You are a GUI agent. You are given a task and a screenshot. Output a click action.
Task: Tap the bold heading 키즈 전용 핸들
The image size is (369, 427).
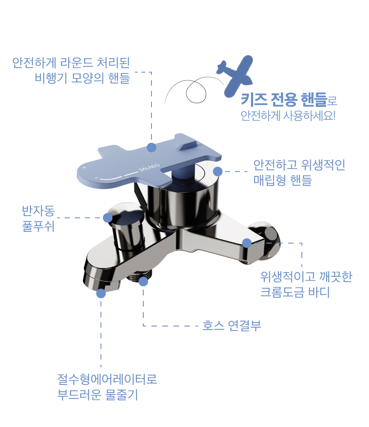pos(284,100)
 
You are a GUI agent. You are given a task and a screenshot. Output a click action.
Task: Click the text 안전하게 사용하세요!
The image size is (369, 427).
pos(288,116)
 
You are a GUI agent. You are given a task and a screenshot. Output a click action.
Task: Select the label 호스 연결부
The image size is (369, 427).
pos(232,325)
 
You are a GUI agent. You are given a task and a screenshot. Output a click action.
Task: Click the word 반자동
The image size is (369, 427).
pos(38,211)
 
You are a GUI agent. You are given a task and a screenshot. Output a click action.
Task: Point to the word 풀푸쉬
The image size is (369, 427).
pos(38,226)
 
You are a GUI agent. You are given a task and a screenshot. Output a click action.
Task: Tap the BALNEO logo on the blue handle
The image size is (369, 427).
pos(149,168)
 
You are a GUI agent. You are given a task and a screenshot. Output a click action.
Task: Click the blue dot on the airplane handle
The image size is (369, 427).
pos(151,147)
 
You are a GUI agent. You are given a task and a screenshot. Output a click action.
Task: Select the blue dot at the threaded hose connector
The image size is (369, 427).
pos(143,282)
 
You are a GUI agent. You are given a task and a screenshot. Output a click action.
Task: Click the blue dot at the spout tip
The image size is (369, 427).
pos(101,293)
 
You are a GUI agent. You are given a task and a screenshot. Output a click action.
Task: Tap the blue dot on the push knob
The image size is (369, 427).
pos(108,218)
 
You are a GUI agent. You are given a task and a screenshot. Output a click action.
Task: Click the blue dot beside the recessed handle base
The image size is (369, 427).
pos(218,172)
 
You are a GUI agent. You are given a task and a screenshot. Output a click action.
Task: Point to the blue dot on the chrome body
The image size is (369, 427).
pos(247,243)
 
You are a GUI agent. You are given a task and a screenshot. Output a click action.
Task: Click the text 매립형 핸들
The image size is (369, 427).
pos(283,180)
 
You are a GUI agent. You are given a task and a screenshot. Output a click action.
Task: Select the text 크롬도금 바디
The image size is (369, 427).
pos(295,292)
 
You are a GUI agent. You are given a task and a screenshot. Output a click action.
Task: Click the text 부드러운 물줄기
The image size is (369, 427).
pos(97,394)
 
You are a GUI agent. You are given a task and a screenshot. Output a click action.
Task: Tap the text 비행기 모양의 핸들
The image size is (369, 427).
pos(82,78)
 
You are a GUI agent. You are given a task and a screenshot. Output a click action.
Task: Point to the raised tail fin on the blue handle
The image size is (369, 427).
pos(187,145)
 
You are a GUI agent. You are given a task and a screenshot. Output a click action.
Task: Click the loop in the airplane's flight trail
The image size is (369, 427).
pos(196,92)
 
